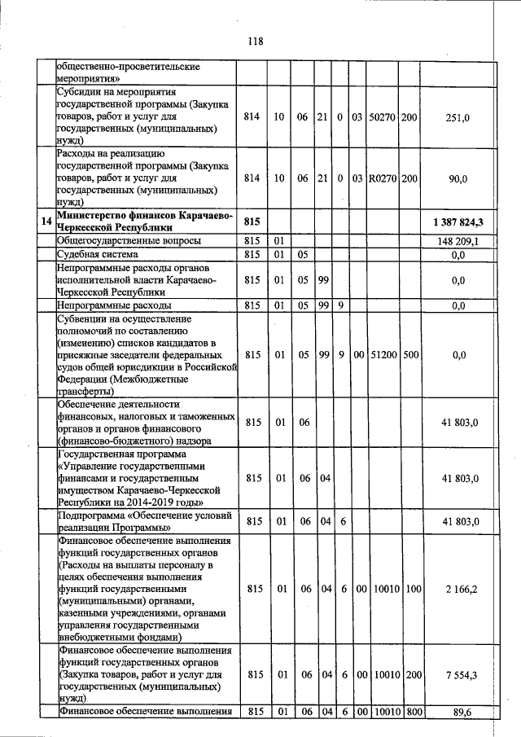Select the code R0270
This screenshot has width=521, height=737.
(x=382, y=177)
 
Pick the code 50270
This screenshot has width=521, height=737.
(x=382, y=117)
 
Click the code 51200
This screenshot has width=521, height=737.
(x=382, y=354)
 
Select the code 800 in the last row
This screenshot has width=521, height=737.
(x=409, y=713)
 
